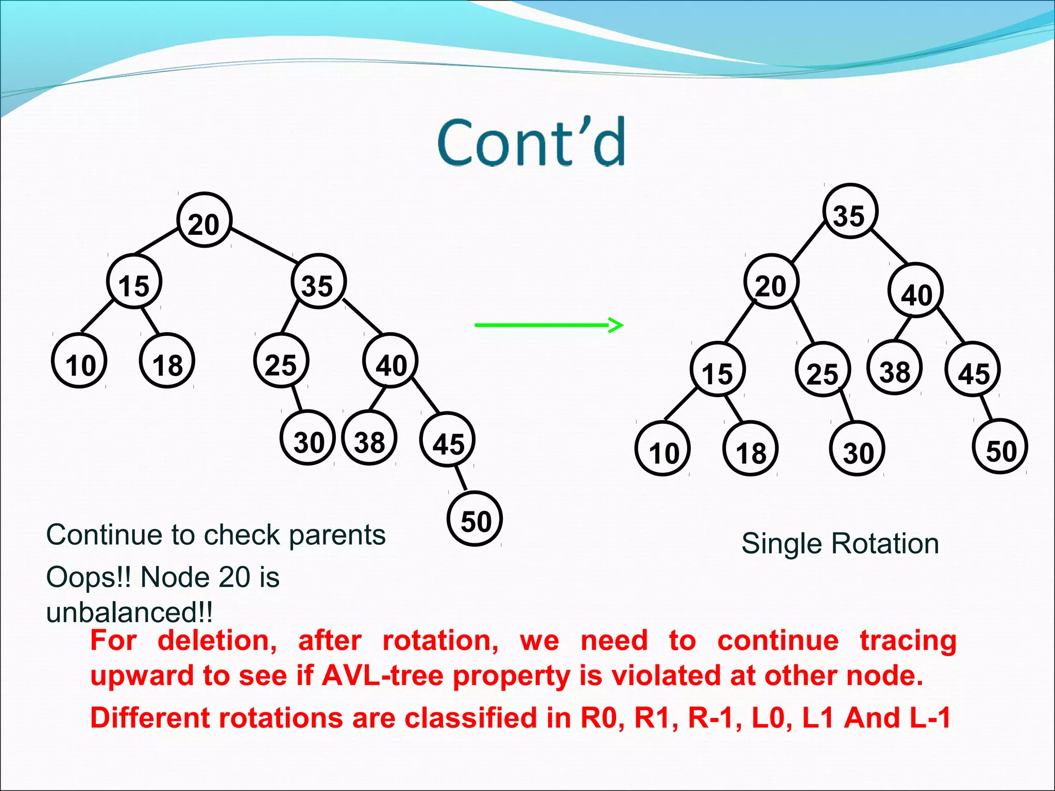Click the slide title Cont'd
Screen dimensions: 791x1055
coord(532,143)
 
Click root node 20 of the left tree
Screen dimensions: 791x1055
coord(205,220)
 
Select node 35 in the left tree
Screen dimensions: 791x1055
coord(318,282)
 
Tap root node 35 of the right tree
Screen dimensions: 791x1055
coord(850,211)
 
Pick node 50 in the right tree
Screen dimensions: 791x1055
coord(1000,447)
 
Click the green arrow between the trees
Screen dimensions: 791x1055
coord(549,325)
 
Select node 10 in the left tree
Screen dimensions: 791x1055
coord(79,361)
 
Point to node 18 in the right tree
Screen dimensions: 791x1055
coord(750,449)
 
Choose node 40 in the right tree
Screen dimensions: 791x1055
coord(915,291)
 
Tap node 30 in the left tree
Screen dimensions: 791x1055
coord(308,438)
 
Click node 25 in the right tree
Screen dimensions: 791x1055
coord(823,369)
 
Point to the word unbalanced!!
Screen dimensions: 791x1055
coord(129,613)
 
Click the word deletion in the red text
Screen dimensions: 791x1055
coord(217,641)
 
